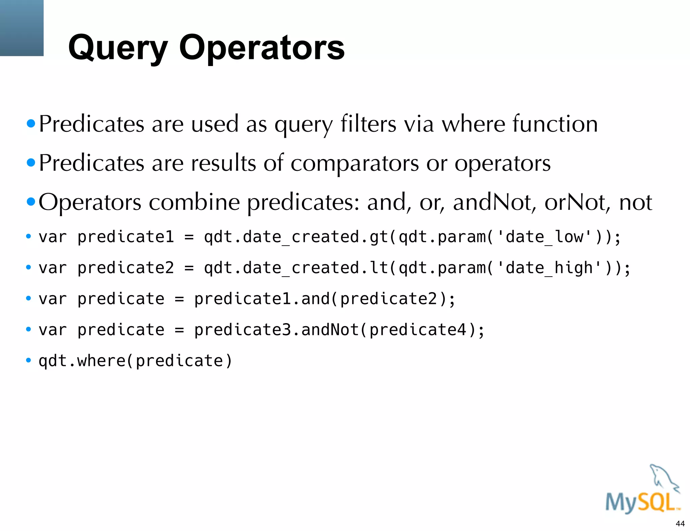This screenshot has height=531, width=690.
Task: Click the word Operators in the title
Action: pyautogui.click(x=262, y=48)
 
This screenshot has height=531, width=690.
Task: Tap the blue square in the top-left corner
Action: pyautogui.click(x=22, y=28)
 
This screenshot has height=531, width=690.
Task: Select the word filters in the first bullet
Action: pyautogui.click(x=368, y=124)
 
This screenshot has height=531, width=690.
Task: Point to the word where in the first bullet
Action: pyautogui.click(x=473, y=124)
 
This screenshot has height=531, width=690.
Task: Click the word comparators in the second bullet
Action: pyautogui.click(x=354, y=163)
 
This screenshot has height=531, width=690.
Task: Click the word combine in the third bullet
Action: pyautogui.click(x=194, y=202)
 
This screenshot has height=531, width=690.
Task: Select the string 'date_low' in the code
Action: pyautogui.click(x=544, y=237)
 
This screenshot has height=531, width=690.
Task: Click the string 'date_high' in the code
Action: pyautogui.click(x=549, y=268)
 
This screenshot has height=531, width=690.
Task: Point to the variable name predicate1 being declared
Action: pyautogui.click(x=126, y=237)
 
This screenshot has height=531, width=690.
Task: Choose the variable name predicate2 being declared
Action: pyautogui.click(x=126, y=268)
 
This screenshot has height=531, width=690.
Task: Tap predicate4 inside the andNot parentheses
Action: pyautogui.click(x=418, y=330)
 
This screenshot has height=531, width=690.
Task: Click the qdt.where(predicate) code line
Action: pyautogui.click(x=135, y=361)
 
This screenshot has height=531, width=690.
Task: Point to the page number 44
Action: pyautogui.click(x=680, y=524)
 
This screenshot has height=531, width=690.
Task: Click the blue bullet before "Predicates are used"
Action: pyautogui.click(x=31, y=124)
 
